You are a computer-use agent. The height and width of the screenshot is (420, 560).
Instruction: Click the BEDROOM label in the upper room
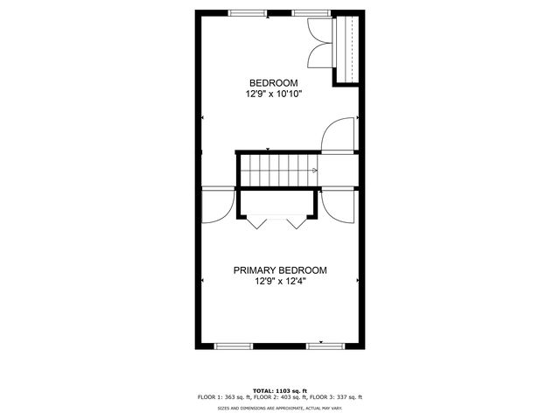[274, 83]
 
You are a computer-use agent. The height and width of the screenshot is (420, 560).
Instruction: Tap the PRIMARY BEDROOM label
[280, 270]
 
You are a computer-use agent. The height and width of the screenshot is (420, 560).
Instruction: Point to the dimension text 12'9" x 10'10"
[274, 94]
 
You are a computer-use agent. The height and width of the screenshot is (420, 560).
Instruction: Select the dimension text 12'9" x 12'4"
[280, 282]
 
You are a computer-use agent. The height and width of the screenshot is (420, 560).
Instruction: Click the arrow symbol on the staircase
[314, 171]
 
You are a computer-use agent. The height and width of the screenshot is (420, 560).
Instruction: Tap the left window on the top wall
[247, 13]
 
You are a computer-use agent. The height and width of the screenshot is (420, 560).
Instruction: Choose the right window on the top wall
[311, 13]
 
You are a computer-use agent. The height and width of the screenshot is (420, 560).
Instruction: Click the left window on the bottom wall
[234, 346]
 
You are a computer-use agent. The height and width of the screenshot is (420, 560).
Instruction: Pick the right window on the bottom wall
[325, 346]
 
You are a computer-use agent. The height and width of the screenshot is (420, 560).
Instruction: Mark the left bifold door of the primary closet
[256, 221]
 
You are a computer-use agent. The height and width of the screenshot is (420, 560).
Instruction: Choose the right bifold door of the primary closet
[297, 221]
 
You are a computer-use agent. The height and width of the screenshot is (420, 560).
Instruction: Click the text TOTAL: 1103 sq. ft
[280, 391]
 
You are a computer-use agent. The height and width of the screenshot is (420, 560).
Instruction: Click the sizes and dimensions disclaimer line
[280, 408]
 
